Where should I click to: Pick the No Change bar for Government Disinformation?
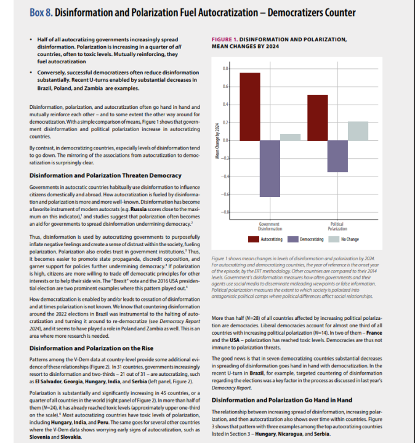[291, 137]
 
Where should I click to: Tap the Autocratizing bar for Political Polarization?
[318, 118]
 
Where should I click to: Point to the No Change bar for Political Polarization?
[358, 131]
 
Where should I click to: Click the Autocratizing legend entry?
[267, 238]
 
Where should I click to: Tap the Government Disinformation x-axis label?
[270, 226]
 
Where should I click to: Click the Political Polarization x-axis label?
[337, 226]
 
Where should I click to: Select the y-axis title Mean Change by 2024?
[217, 141]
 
